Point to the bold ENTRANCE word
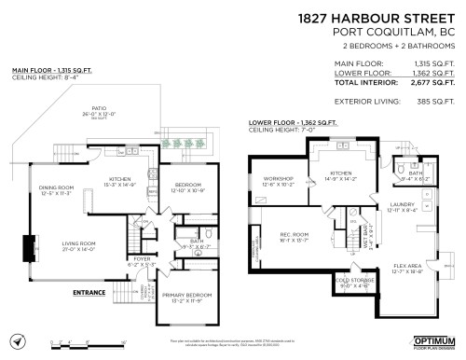click(x=89, y=292)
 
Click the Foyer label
click(x=140, y=260)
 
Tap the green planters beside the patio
click(x=181, y=145)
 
